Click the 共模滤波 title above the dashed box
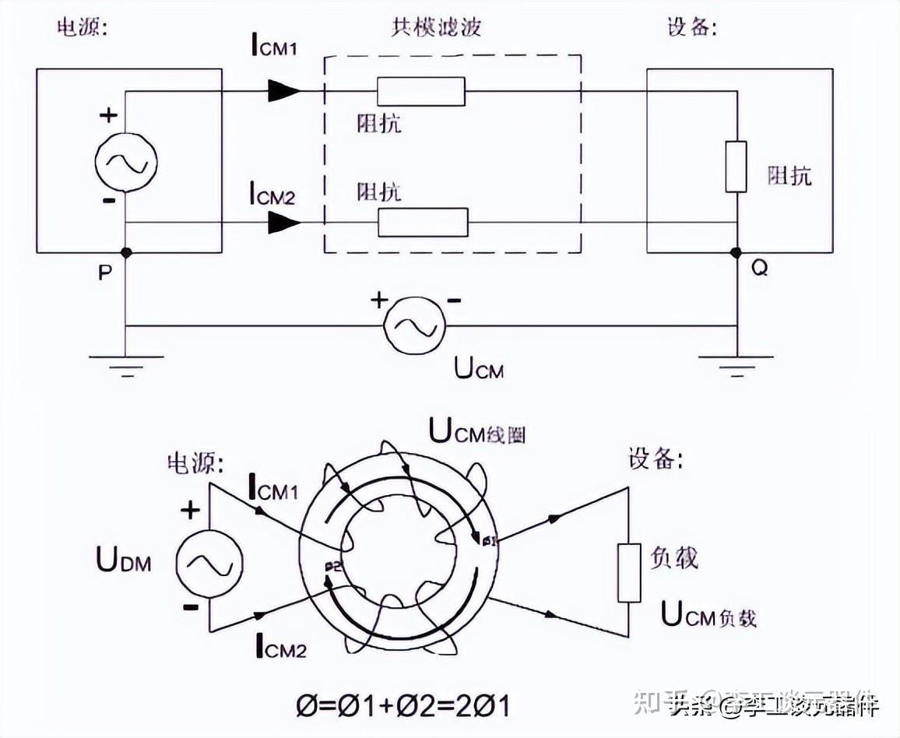point(436,28)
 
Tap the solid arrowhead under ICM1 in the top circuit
point(283,91)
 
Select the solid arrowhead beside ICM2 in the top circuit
point(283,223)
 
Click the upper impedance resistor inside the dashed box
point(421,92)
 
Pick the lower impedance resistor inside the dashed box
point(423,223)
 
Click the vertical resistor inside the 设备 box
point(736,167)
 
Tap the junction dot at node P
point(126,253)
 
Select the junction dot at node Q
point(737,253)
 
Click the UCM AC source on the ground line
point(413,325)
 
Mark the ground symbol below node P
point(126,363)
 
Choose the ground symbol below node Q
point(737,363)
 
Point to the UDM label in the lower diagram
point(124,559)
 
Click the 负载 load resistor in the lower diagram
point(629,573)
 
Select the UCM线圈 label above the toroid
point(477,431)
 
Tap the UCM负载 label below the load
point(708,615)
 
